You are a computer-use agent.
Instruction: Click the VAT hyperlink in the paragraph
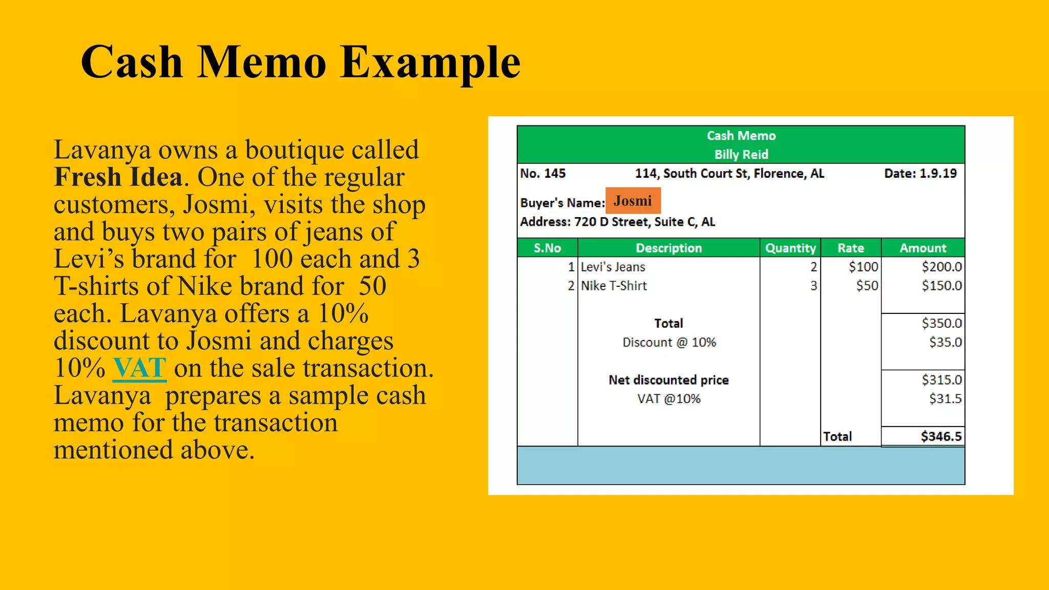[139, 368]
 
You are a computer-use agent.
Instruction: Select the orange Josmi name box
[633, 201]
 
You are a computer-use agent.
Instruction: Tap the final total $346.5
[941, 436]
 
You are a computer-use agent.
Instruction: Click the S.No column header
[547, 248]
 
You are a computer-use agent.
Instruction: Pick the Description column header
[668, 248]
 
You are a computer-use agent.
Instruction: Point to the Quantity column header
[790, 248]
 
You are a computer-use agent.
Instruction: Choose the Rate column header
[851, 248]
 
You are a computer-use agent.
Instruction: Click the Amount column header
[923, 248]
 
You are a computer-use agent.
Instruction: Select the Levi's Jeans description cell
[613, 267]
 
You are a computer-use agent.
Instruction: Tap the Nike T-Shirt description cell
[614, 286]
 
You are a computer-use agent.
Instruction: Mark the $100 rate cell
[863, 267]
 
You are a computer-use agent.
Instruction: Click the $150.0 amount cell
[941, 286]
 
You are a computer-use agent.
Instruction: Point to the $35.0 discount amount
[946, 342]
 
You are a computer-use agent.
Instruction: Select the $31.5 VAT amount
[946, 398]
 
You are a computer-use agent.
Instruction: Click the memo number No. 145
[543, 174]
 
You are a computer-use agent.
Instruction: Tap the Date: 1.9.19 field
[920, 174]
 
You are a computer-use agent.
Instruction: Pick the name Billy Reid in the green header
[741, 154]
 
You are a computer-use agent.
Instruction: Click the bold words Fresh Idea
[118, 177]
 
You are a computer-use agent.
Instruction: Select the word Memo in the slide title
[262, 62]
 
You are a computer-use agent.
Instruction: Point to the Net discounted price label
[668, 380]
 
